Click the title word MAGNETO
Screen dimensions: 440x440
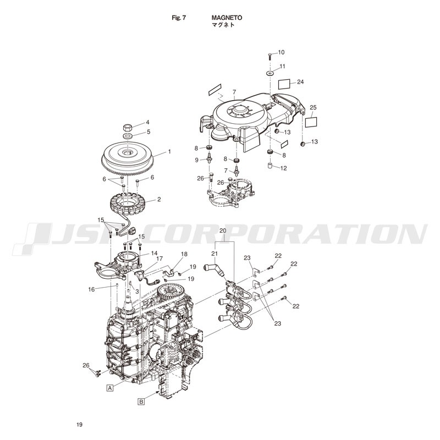[227, 18]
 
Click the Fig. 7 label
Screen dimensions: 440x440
[179, 18]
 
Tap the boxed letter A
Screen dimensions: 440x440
[111, 388]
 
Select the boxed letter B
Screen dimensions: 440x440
[142, 402]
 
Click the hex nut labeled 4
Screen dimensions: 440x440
[128, 127]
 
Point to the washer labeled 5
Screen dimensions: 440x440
[128, 136]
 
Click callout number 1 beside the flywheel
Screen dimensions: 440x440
[169, 152]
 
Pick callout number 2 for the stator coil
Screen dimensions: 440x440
[159, 200]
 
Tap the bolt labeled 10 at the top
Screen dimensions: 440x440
[269, 56]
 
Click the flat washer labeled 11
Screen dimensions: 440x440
[270, 73]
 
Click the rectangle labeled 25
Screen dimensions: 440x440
[311, 122]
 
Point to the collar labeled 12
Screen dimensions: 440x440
[270, 165]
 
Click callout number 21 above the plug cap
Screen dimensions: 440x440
[215, 254]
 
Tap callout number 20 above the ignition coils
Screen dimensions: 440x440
[223, 230]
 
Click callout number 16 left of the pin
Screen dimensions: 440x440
[91, 289]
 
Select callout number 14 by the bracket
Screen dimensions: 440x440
[155, 253]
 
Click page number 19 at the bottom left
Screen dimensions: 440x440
[79, 425]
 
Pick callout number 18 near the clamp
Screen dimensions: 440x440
[184, 254]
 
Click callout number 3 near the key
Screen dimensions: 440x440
[137, 291]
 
